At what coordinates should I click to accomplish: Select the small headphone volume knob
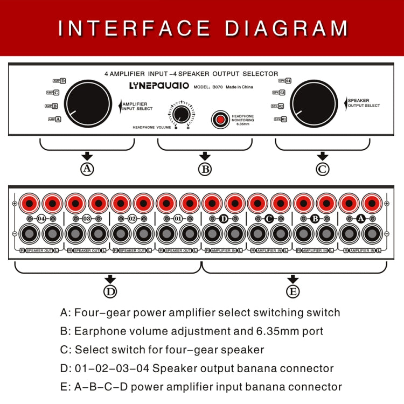pos(182,114)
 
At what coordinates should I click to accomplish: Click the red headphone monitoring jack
pos(219,120)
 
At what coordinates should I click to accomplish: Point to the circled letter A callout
pos(87,169)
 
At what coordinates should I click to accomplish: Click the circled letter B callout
pos(205,169)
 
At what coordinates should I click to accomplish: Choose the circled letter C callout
pos(322,169)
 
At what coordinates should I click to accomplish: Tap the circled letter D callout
pos(110,291)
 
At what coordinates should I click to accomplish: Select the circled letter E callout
pos(292,291)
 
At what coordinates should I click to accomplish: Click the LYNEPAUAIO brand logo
pos(159,86)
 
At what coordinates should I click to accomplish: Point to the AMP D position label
pos(59,81)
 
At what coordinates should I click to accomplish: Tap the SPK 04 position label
pos(285,80)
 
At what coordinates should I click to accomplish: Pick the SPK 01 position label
pos(281,119)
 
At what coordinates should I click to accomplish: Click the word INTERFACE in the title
pos(135,28)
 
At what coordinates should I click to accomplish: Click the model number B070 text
pos(217,87)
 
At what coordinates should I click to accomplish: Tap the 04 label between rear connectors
pos(41,219)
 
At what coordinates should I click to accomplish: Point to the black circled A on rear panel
pos(361,219)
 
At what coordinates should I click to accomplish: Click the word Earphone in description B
pos(99,331)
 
